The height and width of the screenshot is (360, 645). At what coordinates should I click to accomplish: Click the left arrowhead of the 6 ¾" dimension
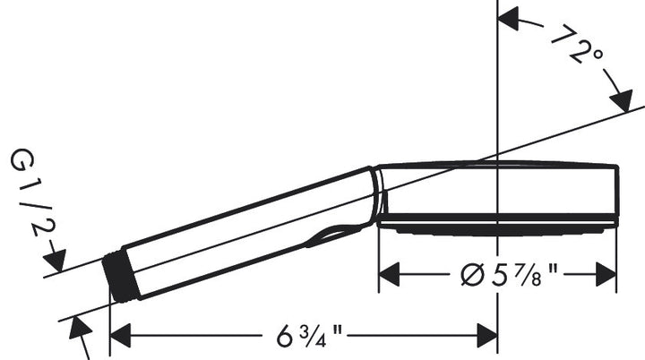coord(119,339)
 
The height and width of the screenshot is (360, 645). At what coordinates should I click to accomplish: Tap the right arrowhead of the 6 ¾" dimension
coord(488,339)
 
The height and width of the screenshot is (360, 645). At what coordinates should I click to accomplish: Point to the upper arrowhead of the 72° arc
coord(509,15)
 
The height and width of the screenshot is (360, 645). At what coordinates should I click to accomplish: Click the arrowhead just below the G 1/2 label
coord(56,262)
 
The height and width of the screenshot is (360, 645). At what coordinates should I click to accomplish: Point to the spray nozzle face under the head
coord(497,226)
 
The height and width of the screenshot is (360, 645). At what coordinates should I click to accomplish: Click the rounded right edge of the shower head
coord(616,193)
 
